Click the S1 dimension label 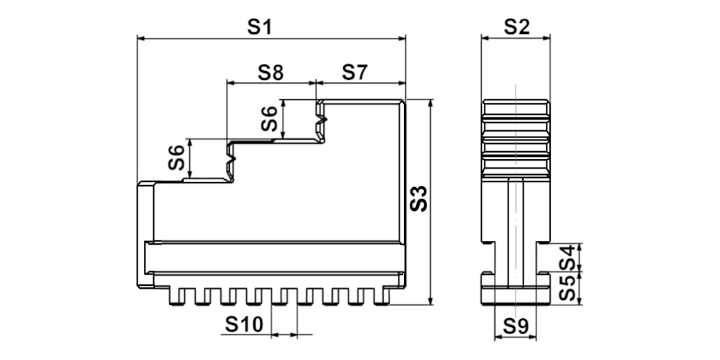tap(260, 27)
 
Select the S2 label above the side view tap(516, 27)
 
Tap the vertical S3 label tap(419, 199)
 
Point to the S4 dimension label tap(567, 258)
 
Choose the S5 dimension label tap(567, 288)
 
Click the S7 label tap(355, 73)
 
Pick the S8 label tap(271, 73)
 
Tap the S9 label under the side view tap(516, 326)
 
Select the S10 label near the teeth tap(244, 325)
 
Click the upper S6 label tap(269, 119)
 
